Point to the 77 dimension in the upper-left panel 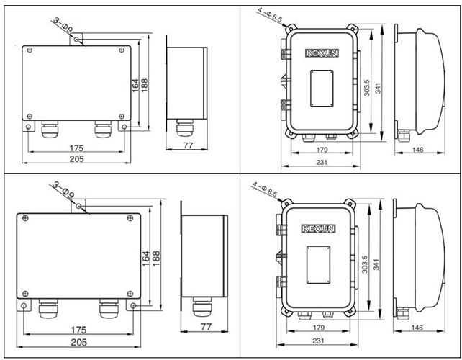click(186, 146)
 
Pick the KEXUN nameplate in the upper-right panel click(321, 54)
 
